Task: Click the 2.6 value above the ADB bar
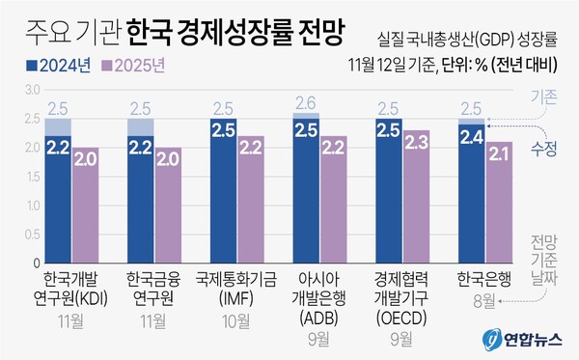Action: pos(306,103)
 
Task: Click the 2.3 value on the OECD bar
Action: pos(416,143)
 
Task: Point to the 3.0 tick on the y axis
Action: pos(31,90)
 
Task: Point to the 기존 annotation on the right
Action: pos(545,97)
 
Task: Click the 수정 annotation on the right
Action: pos(544,148)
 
